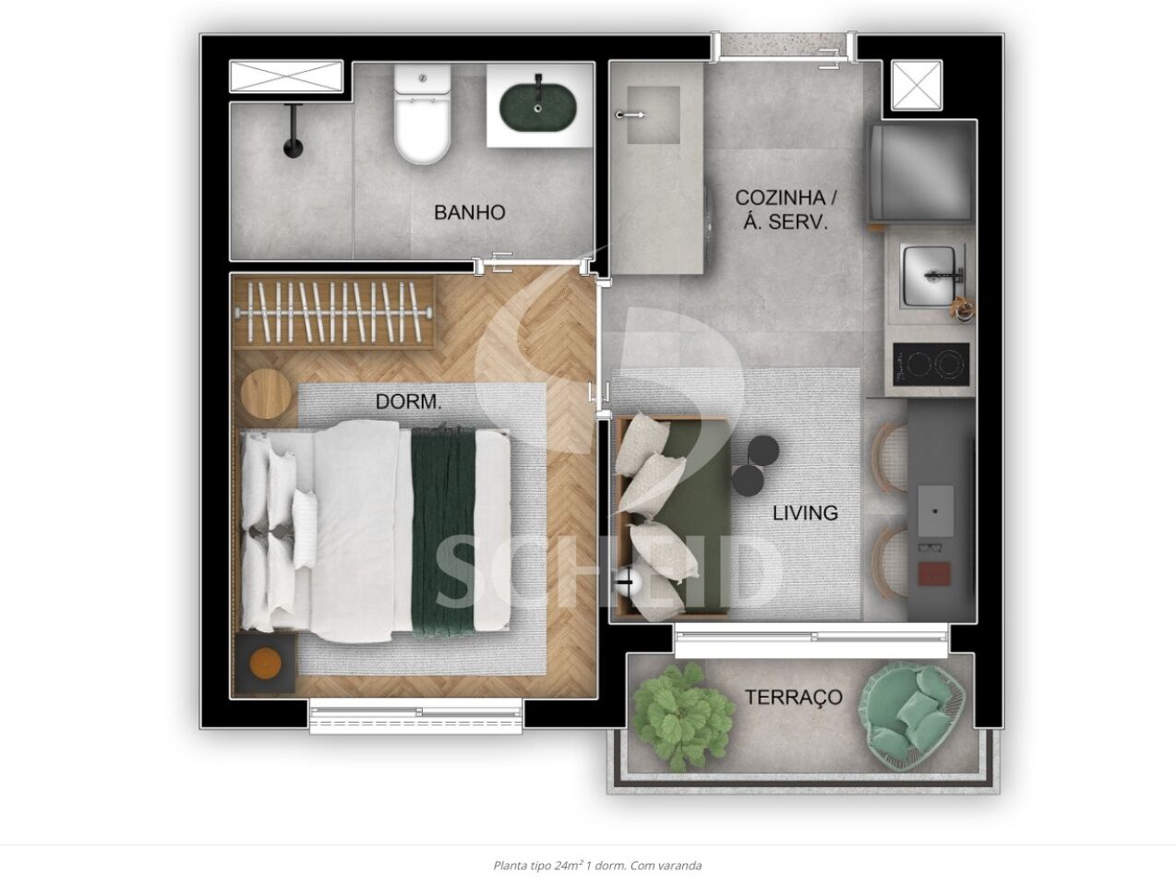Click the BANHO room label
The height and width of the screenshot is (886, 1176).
point(469,212)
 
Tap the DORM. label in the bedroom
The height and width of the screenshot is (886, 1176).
point(408,401)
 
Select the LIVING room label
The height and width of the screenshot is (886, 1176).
point(805,513)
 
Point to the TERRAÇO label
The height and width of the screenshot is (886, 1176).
point(794,698)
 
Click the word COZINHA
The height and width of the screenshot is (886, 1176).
point(773,198)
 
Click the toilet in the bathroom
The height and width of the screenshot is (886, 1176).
point(422,114)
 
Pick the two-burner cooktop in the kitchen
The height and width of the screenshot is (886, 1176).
point(931,365)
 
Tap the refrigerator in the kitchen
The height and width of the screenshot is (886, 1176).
point(921,173)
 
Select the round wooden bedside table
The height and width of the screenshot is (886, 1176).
point(266,395)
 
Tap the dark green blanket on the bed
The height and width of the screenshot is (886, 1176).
point(444,531)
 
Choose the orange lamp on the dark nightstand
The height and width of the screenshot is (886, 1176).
point(265,664)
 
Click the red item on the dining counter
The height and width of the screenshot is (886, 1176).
point(934,573)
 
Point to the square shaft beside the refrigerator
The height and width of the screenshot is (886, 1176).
point(917,86)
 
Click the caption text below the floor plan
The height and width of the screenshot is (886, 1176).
point(597,866)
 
